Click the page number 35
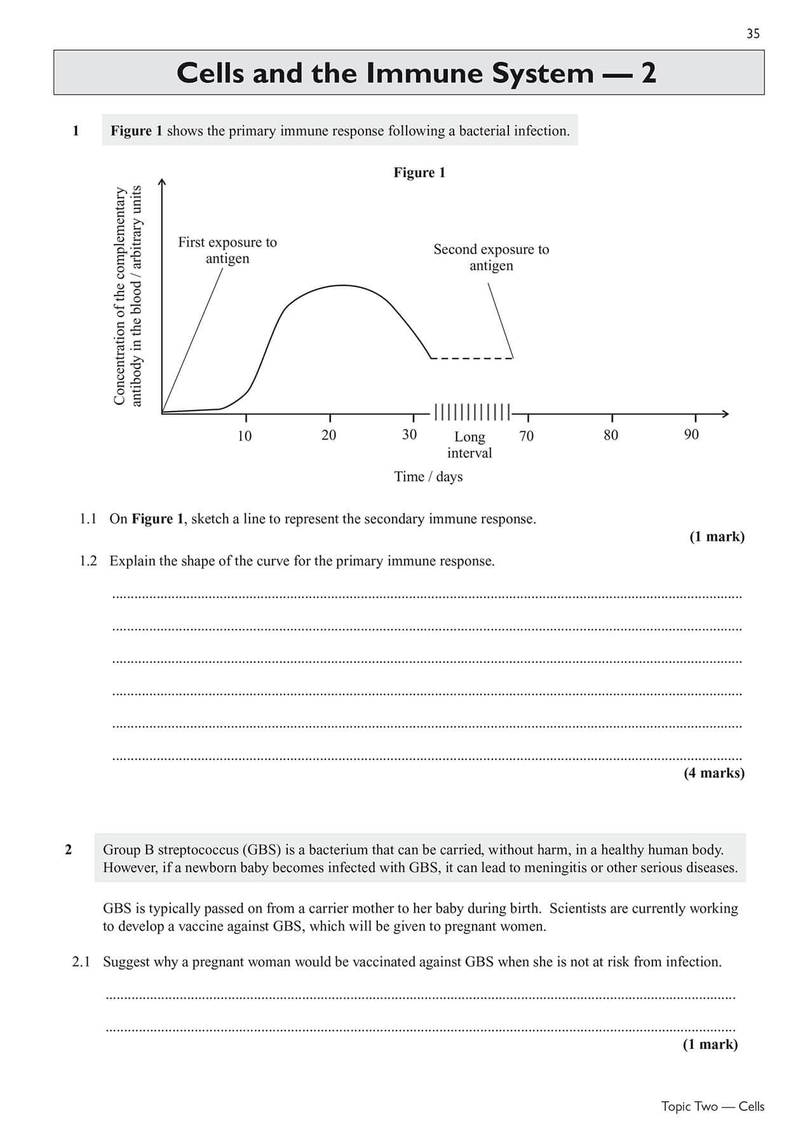(753, 34)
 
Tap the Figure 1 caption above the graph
(419, 173)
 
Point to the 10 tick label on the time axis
(245, 436)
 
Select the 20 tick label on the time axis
(328, 435)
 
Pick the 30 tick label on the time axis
(410, 435)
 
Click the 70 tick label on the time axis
(527, 436)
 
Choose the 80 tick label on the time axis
(611, 435)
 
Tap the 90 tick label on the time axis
(691, 435)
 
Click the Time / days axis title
(428, 477)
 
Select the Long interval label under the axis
(469, 445)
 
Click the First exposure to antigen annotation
(227, 250)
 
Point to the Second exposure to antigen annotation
(491, 257)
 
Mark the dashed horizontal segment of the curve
(471, 359)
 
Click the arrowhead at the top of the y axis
(162, 182)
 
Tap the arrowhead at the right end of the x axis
(725, 414)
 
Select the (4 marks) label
(714, 773)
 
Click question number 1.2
(88, 561)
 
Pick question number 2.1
(81, 962)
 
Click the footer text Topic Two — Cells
(712, 1106)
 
